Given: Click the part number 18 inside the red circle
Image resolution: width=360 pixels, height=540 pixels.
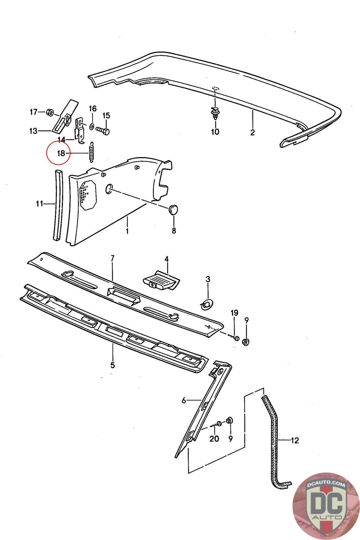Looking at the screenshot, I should click(x=61, y=153).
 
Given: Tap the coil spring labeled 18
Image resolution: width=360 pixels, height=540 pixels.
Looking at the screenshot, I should click(x=91, y=152).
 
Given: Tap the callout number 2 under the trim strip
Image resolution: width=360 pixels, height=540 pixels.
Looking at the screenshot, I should click(x=252, y=132).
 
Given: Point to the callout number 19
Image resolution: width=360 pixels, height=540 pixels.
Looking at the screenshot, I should click(x=234, y=313).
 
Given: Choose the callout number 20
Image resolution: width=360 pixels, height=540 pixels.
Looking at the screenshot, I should click(x=214, y=438).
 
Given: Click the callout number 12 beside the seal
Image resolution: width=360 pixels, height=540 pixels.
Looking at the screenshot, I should click(x=295, y=440).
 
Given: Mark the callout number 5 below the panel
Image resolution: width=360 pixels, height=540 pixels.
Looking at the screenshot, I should click(x=113, y=365).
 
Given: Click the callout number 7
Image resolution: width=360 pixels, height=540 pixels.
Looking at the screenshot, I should click(x=113, y=258).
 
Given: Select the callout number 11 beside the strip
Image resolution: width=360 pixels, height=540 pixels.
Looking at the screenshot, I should click(x=40, y=204).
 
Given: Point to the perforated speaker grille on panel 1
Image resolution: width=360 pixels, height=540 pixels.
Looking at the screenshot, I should click(x=88, y=194).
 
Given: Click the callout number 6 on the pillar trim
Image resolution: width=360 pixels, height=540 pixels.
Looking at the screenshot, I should click(x=184, y=401).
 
